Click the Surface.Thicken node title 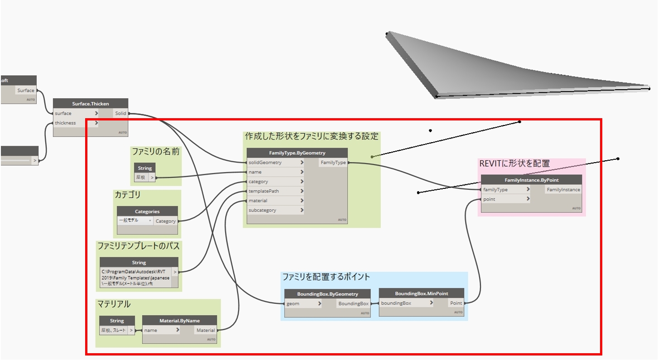pyautogui.click(x=90, y=104)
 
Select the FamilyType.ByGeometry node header pyautogui.click(x=297, y=153)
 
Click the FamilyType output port pyautogui.click(x=333, y=162)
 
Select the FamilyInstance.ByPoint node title pyautogui.click(x=531, y=180)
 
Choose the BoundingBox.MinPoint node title pyautogui.click(x=421, y=293)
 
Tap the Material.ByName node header pyautogui.click(x=179, y=321)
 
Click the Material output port pyautogui.click(x=205, y=330)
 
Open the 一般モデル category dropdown pyautogui.click(x=135, y=221)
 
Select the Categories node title pyautogui.click(x=147, y=211)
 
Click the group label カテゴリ pyautogui.click(x=127, y=195)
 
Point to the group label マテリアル pyautogui.click(x=114, y=304)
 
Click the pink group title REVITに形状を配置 pyautogui.click(x=514, y=163)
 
